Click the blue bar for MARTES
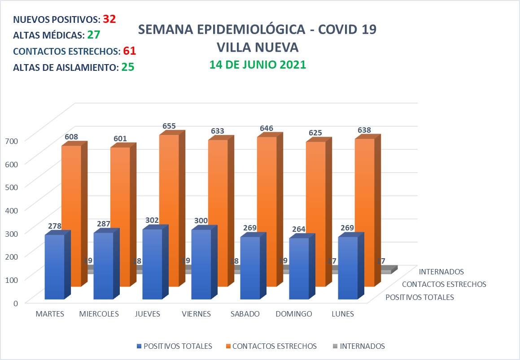click(x=54, y=267)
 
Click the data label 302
click(x=153, y=221)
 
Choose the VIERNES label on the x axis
click(x=196, y=314)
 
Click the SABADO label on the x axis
click(x=245, y=314)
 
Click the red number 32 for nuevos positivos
click(x=109, y=19)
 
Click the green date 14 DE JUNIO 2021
click(x=258, y=64)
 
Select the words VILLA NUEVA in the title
click(x=257, y=47)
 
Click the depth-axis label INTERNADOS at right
click(x=441, y=271)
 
